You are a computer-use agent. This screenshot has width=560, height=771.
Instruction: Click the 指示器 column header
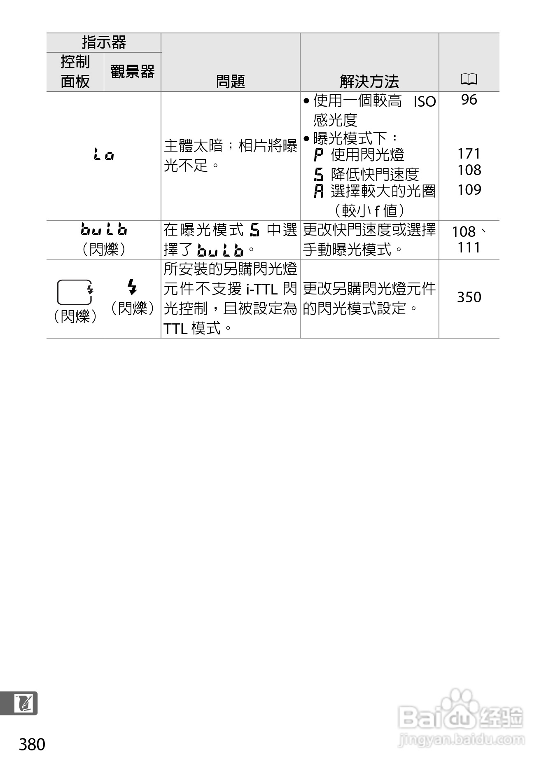[x=104, y=42]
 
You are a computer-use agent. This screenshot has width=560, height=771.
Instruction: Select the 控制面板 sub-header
[x=75, y=72]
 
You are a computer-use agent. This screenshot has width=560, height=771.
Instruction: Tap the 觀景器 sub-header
[x=132, y=72]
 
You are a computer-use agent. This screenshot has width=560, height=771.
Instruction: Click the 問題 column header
[x=230, y=81]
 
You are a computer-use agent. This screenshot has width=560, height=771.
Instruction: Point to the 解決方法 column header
[x=369, y=81]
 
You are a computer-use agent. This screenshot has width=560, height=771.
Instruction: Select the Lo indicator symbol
[x=103, y=155]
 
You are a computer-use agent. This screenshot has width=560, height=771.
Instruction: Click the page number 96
[x=469, y=100]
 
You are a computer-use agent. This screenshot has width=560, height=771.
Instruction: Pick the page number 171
[x=469, y=154]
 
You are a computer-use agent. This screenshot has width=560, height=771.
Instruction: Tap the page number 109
[x=469, y=189]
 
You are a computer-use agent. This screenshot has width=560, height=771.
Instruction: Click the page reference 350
[x=469, y=297]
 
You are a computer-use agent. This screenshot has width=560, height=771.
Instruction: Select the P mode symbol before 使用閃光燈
[x=318, y=155]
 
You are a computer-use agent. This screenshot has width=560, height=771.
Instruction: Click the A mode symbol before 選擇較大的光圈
[x=318, y=191]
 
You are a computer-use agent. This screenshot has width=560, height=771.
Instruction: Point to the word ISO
[x=425, y=102]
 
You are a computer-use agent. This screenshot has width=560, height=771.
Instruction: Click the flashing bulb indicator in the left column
[x=104, y=229]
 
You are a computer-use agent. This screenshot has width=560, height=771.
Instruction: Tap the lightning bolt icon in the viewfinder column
[x=132, y=287]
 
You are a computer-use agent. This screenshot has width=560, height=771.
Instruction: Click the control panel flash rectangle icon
[x=75, y=292]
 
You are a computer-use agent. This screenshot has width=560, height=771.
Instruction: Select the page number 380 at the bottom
[x=32, y=745]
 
